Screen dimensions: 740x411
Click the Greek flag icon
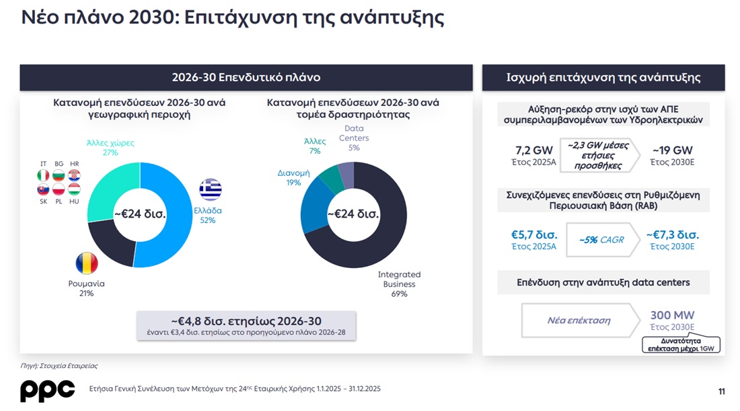coord(211,189)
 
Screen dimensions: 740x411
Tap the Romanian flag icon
coord(87,263)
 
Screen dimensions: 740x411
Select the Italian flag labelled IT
coord(44,176)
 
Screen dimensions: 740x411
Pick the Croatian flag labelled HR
coord(74,176)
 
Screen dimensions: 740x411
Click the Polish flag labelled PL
coord(59,189)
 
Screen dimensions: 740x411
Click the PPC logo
coord(47,391)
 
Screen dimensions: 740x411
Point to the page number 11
coord(722,392)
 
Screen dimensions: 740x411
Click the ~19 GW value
coord(672,150)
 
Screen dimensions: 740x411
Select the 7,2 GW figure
coord(533,150)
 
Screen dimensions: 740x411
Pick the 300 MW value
coord(672,315)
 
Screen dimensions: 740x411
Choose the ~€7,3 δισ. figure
coord(672,235)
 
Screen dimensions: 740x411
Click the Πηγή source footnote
coord(59,366)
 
